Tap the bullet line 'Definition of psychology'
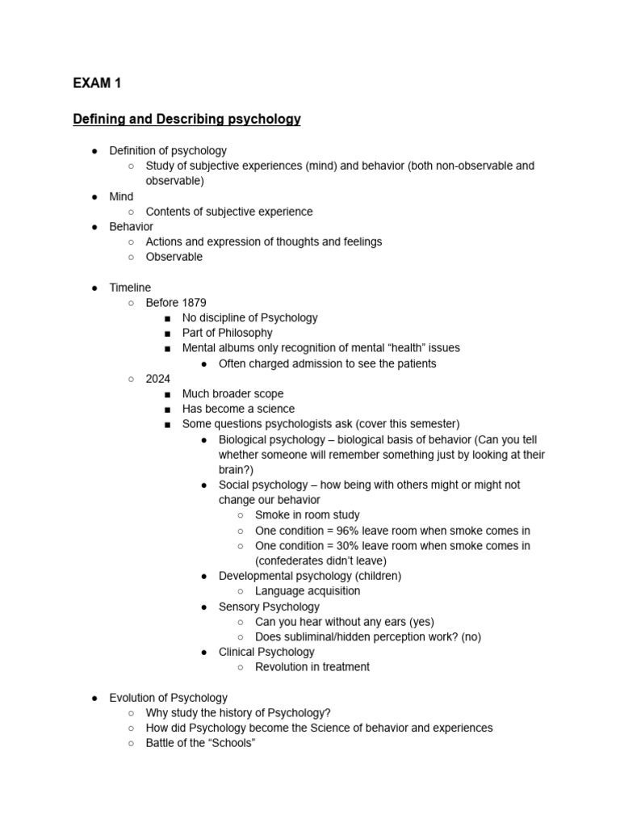(x=168, y=150)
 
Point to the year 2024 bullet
(x=159, y=379)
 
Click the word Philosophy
(x=240, y=333)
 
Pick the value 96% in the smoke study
(x=355, y=531)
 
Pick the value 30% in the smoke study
(x=355, y=546)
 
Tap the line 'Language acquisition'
(x=308, y=591)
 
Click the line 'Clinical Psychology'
(x=266, y=652)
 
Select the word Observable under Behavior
(x=174, y=257)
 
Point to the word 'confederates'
(x=295, y=561)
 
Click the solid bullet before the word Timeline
(x=94, y=288)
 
